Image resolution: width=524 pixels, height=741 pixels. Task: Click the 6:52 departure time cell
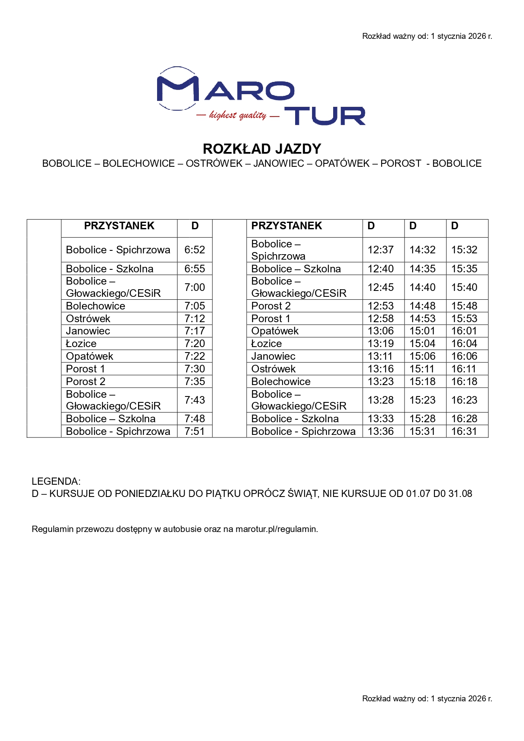pyautogui.click(x=195, y=250)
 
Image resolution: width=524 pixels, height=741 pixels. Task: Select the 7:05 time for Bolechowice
pyautogui.click(x=195, y=306)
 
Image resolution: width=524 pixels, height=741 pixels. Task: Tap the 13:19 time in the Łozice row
pyautogui.click(x=380, y=344)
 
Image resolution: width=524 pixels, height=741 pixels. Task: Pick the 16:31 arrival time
pyautogui.click(x=464, y=432)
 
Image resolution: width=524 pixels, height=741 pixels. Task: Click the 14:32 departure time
pyautogui.click(x=422, y=250)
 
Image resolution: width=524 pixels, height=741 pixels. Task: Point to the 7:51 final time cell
pyautogui.click(x=195, y=432)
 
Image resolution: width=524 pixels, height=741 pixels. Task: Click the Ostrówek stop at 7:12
pyautogui.click(x=88, y=319)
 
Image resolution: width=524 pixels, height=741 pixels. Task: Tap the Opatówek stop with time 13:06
pyautogui.click(x=275, y=331)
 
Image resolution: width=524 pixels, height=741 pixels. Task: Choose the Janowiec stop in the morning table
pyautogui.click(x=88, y=331)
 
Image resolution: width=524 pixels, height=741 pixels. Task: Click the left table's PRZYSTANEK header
pyautogui.click(x=119, y=226)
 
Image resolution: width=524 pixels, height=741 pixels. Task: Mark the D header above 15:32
pyautogui.click(x=455, y=226)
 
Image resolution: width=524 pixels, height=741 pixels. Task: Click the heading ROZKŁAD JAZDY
pyautogui.click(x=262, y=149)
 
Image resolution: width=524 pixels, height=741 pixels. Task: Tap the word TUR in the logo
pyautogui.click(x=325, y=116)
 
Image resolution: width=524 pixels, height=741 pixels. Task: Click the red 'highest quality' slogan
pyautogui.click(x=238, y=115)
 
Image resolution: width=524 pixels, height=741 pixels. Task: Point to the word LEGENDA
pyautogui.click(x=56, y=481)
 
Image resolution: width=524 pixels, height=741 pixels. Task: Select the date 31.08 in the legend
pyautogui.click(x=460, y=494)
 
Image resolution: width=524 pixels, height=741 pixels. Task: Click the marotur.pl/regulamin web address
pyautogui.click(x=276, y=529)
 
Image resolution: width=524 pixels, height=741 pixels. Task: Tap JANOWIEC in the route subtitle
pyautogui.click(x=279, y=164)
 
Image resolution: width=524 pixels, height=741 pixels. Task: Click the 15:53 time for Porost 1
pyautogui.click(x=464, y=319)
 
